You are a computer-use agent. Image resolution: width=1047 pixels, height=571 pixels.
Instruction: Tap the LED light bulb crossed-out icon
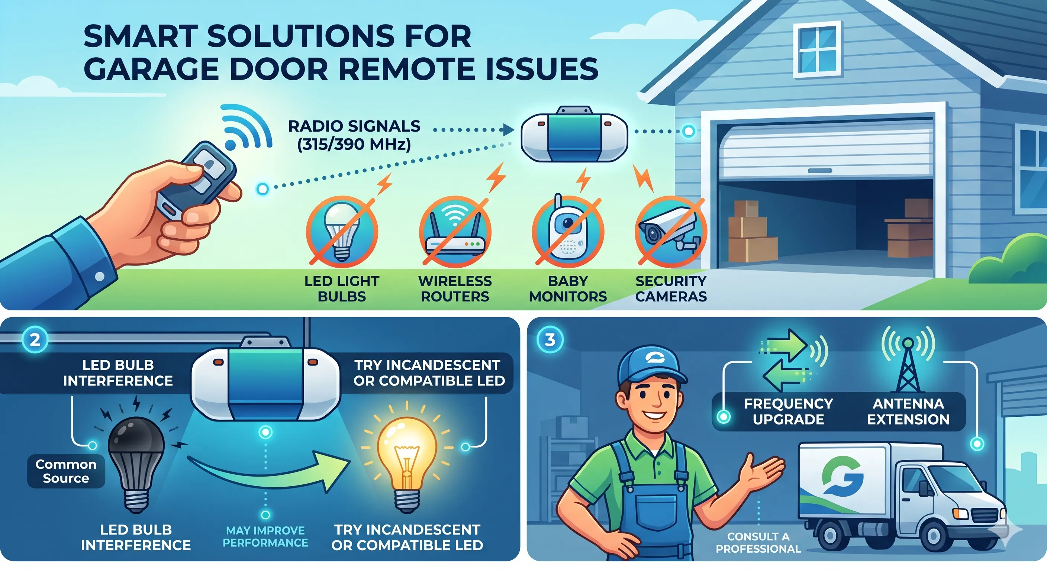(342, 231)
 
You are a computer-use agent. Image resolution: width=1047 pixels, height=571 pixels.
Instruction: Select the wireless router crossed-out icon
(455, 231)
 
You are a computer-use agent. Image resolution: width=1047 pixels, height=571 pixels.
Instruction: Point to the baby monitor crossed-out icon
(568, 230)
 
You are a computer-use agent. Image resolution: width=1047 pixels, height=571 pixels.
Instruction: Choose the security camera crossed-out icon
(671, 231)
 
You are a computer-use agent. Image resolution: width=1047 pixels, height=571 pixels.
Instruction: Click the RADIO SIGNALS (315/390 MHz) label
(354, 135)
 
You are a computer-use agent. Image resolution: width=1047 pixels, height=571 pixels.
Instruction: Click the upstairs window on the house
(817, 49)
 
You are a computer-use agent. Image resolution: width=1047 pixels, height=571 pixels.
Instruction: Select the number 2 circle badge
(35, 339)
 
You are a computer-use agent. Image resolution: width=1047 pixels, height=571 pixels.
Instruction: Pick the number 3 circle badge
(550, 339)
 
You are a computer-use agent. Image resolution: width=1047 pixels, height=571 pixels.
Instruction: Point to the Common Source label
(66, 471)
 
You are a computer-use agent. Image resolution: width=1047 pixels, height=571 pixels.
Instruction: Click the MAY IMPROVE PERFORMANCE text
(265, 536)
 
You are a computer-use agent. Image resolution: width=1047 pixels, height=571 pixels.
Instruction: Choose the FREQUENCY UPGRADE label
(789, 411)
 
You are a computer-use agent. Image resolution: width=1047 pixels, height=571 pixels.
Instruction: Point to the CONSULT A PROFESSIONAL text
(758, 542)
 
